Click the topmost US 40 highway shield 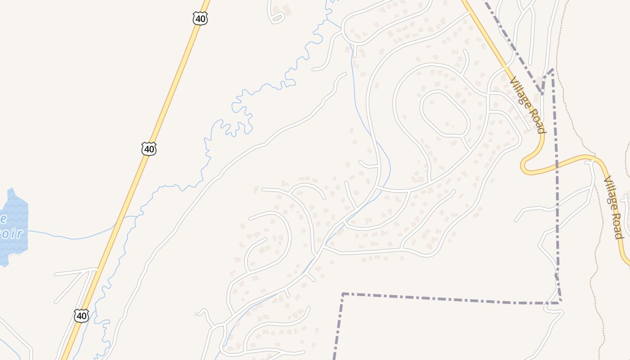pyautogui.click(x=200, y=18)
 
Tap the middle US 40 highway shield pyautogui.click(x=148, y=149)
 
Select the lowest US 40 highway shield pyautogui.click(x=81, y=316)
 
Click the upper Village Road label pyautogui.click(x=527, y=105)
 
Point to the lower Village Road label pyautogui.click(x=613, y=207)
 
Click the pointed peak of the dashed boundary pyautogui.click(x=552, y=69)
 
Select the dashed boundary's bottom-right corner pyautogui.click(x=560, y=301)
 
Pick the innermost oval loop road pyautogui.click(x=445, y=113)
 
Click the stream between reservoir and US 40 pyautogui.click(x=72, y=237)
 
